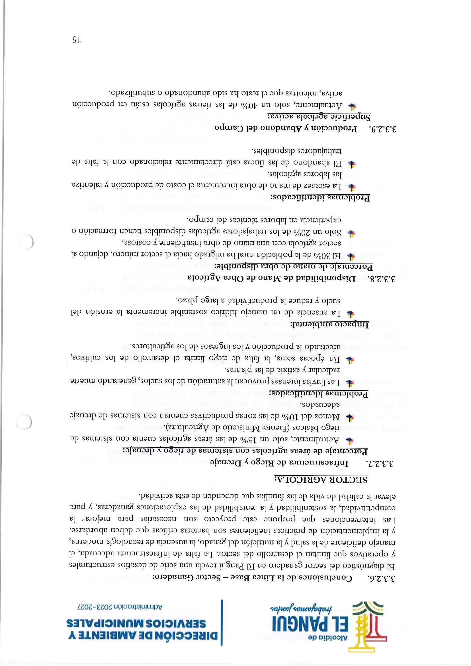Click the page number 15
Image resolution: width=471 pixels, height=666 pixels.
coord(77,39)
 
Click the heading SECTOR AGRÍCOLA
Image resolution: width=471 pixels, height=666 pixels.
coord(321,430)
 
